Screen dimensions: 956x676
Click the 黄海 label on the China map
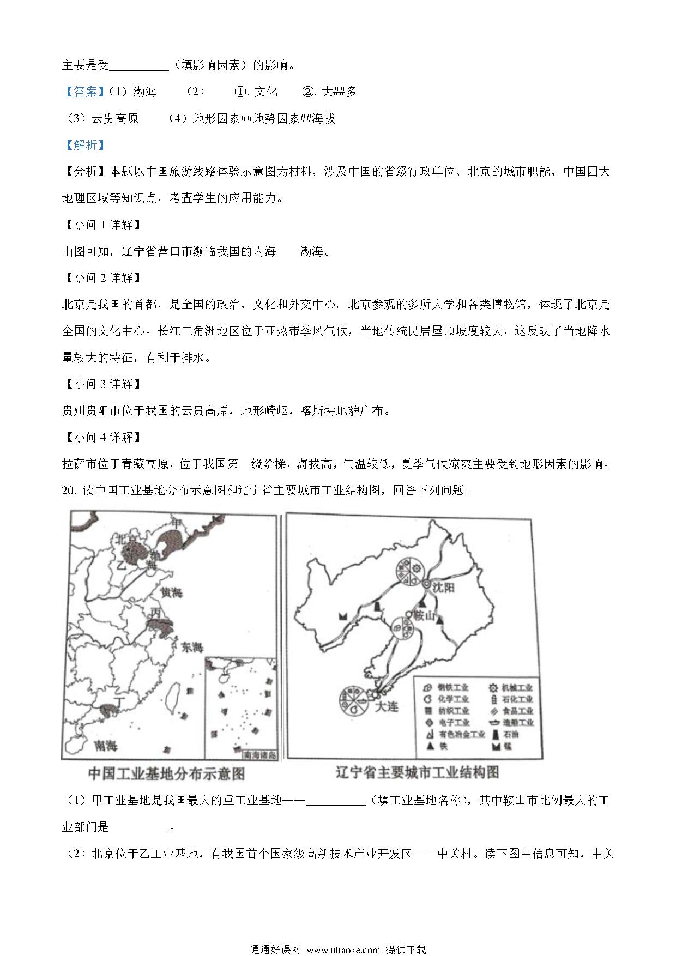coord(171,592)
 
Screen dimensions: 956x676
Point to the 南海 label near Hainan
coord(106,745)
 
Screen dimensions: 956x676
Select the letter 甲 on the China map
coord(176,523)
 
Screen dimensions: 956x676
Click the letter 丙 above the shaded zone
coord(155,612)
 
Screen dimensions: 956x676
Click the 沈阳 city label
coord(443,588)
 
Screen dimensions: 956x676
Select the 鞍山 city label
coord(426,615)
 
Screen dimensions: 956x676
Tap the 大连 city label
coord(387,706)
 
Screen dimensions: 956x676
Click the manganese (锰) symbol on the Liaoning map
coord(343,615)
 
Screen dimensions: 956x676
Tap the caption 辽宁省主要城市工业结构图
coord(417,772)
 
